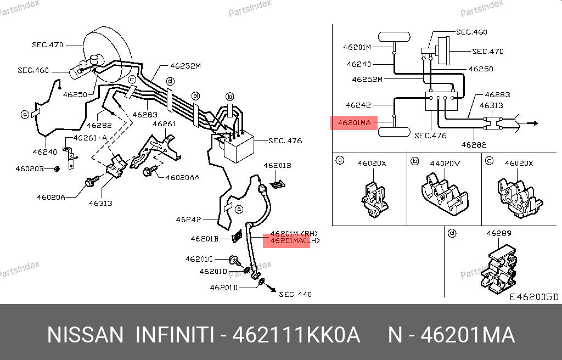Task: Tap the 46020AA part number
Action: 183,177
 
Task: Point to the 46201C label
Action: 199,258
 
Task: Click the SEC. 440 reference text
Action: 295,295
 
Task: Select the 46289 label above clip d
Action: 498,233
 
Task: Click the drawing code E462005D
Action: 533,297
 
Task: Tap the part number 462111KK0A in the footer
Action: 297,335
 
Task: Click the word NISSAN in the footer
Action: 85,335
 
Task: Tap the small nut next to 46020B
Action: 57,168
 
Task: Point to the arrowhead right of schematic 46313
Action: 534,123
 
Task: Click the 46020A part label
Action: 51,197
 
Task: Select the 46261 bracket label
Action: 164,124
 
